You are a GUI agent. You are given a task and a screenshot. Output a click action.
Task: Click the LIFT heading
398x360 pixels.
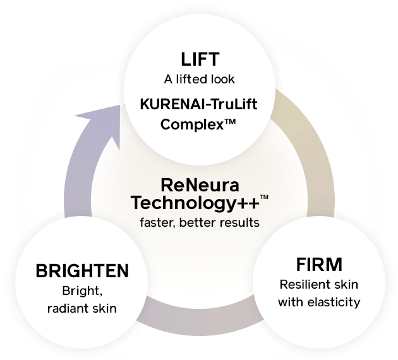click(199, 61)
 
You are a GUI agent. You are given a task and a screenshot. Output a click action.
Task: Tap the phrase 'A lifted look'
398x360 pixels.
click(199, 80)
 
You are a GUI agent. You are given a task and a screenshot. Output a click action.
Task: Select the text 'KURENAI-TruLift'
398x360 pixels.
click(198, 104)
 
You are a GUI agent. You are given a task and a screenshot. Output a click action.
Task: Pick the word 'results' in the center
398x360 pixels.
click(241, 222)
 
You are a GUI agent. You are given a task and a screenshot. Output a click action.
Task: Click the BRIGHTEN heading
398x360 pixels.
click(82, 272)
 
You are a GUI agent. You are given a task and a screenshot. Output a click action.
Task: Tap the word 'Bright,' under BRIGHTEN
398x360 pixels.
click(81, 292)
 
